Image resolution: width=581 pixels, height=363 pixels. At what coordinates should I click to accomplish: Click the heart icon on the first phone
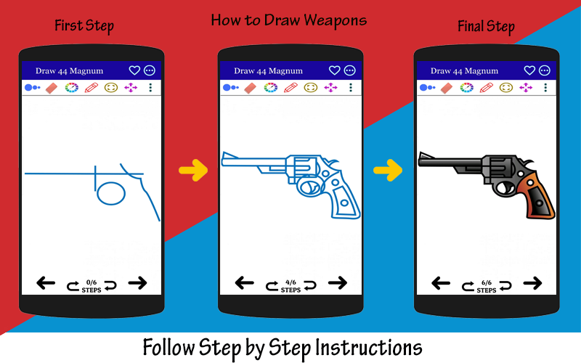pyautogui.click(x=134, y=70)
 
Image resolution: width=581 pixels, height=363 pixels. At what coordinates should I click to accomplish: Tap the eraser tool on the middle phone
pyautogui.click(x=251, y=88)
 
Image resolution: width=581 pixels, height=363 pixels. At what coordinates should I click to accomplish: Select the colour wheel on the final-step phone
pyautogui.click(x=466, y=87)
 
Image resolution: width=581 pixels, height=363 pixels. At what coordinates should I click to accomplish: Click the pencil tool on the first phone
pyautogui.click(x=92, y=87)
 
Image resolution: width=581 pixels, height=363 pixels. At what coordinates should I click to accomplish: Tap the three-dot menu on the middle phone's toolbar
pyautogui.click(x=351, y=87)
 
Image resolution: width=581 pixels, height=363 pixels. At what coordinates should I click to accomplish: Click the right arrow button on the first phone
pyautogui.click(x=137, y=283)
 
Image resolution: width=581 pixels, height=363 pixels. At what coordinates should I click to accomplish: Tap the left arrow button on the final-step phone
pyautogui.click(x=441, y=284)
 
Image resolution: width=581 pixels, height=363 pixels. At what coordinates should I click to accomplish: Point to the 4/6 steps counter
pyautogui.click(x=291, y=286)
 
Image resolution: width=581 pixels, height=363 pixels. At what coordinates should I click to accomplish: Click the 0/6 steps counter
pyautogui.click(x=92, y=286)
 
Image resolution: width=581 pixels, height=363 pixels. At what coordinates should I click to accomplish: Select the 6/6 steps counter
pyautogui.click(x=487, y=286)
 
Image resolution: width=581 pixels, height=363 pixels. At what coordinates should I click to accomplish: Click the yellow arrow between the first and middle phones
pyautogui.click(x=193, y=171)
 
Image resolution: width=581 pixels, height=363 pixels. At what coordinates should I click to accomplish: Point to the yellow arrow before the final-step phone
pyautogui.click(x=388, y=171)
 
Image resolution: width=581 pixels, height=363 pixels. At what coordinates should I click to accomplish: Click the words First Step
pyautogui.click(x=84, y=26)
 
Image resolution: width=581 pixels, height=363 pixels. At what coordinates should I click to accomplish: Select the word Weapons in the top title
pyautogui.click(x=336, y=20)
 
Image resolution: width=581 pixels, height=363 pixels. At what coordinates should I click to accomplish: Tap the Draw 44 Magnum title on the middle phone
pyautogui.click(x=268, y=70)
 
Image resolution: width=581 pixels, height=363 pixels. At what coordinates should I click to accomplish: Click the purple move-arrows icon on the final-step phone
pyautogui.click(x=526, y=87)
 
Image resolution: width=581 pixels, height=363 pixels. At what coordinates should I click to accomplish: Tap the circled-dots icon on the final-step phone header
pyautogui.click(x=544, y=70)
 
